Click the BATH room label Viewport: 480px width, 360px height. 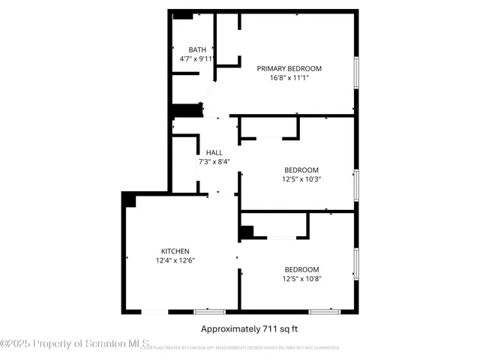197,49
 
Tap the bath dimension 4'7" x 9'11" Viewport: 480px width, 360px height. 197,58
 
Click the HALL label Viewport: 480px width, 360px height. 214,151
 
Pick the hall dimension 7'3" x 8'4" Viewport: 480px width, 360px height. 214,160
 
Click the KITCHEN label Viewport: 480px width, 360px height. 175,251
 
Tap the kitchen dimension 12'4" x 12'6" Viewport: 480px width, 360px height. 175,260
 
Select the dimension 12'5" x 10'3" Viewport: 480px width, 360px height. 301,178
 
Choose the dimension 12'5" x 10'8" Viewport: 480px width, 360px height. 301,278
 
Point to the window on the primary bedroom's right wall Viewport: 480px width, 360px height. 357,73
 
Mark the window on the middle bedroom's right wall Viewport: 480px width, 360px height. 357,184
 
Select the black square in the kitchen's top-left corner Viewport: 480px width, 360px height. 129,199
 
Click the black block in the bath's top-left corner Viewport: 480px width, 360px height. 182,15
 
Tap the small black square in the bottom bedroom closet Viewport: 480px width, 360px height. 246,232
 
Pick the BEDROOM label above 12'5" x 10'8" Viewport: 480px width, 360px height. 301,269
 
